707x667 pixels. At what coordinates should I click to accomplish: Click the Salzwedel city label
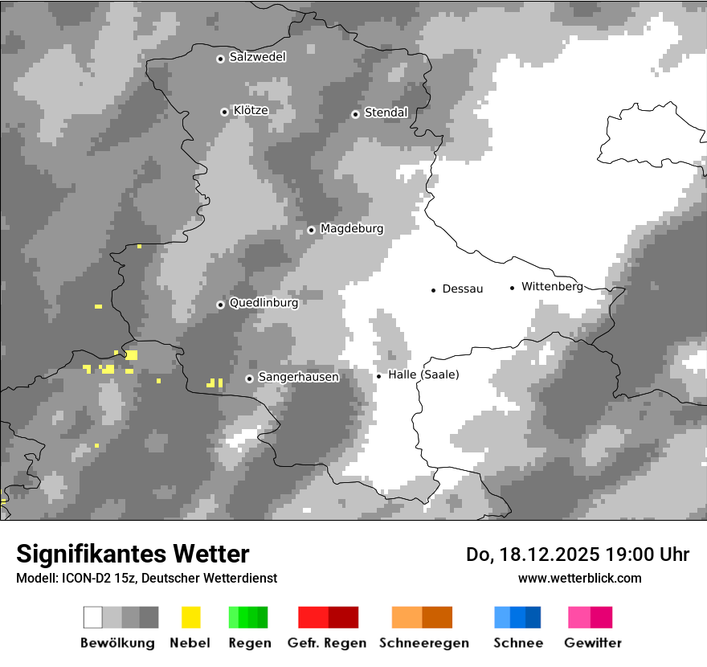click(x=257, y=57)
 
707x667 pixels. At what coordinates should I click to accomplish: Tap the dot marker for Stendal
click(x=355, y=114)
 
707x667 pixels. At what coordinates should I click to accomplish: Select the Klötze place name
click(x=251, y=110)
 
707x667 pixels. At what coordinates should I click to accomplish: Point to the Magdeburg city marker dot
click(x=311, y=230)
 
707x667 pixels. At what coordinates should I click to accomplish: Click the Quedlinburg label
click(x=264, y=303)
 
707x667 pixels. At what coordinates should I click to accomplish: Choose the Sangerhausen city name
click(x=298, y=377)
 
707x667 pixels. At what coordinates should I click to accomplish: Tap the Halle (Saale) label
click(x=423, y=374)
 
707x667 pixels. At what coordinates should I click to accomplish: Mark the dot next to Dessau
click(x=433, y=289)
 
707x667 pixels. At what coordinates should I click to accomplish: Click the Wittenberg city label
click(x=552, y=286)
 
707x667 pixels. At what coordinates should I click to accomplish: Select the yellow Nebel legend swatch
click(x=190, y=617)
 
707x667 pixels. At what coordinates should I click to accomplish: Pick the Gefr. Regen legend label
click(x=326, y=643)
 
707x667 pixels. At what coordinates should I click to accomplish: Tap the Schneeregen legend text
click(x=423, y=643)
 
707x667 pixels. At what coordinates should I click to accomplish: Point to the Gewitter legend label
click(x=592, y=643)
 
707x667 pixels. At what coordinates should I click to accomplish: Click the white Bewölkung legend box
click(x=93, y=617)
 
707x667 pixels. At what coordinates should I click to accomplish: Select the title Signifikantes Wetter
click(x=133, y=554)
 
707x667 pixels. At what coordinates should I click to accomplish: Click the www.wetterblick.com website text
click(x=579, y=578)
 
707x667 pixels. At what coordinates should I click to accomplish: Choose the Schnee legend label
click(x=518, y=643)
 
